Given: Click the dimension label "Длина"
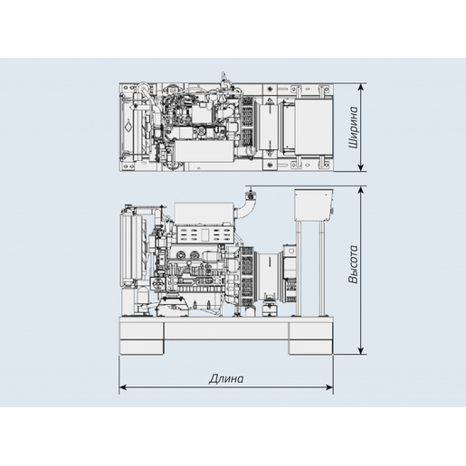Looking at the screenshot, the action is (226, 378).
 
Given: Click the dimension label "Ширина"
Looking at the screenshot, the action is (354, 127).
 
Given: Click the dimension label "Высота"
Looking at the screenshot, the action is (354, 264).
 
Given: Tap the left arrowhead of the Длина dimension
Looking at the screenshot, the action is (123, 387).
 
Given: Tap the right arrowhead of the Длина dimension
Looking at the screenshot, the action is (329, 387).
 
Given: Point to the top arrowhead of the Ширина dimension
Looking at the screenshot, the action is (361, 87).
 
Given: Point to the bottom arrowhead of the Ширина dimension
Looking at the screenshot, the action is (361, 167).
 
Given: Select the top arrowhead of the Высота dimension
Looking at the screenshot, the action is (361, 190).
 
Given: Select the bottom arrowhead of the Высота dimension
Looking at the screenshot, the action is (361, 350).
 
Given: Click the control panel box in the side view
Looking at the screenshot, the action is (314, 205).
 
